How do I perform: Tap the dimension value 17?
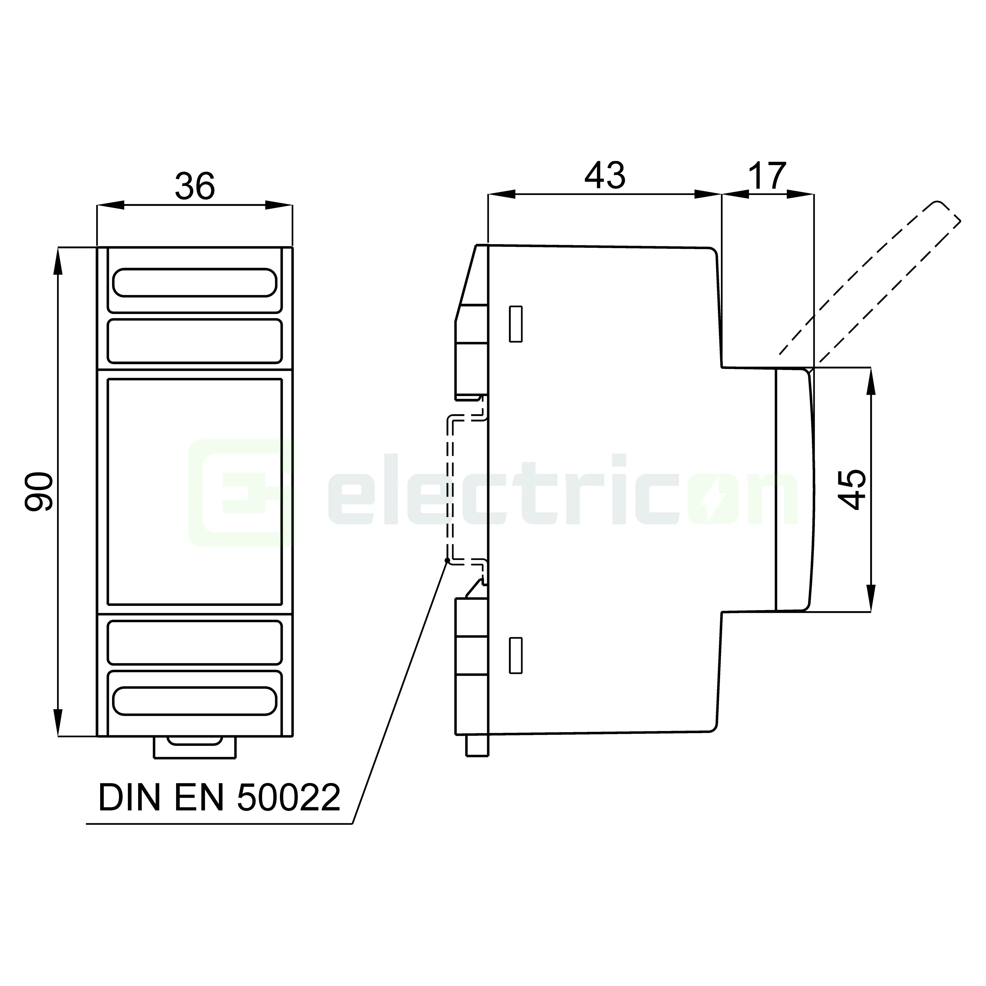(767, 176)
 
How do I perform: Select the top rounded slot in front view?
(194, 282)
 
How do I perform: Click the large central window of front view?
(194, 491)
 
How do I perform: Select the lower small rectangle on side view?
(516, 655)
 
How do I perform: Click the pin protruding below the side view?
(477, 745)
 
